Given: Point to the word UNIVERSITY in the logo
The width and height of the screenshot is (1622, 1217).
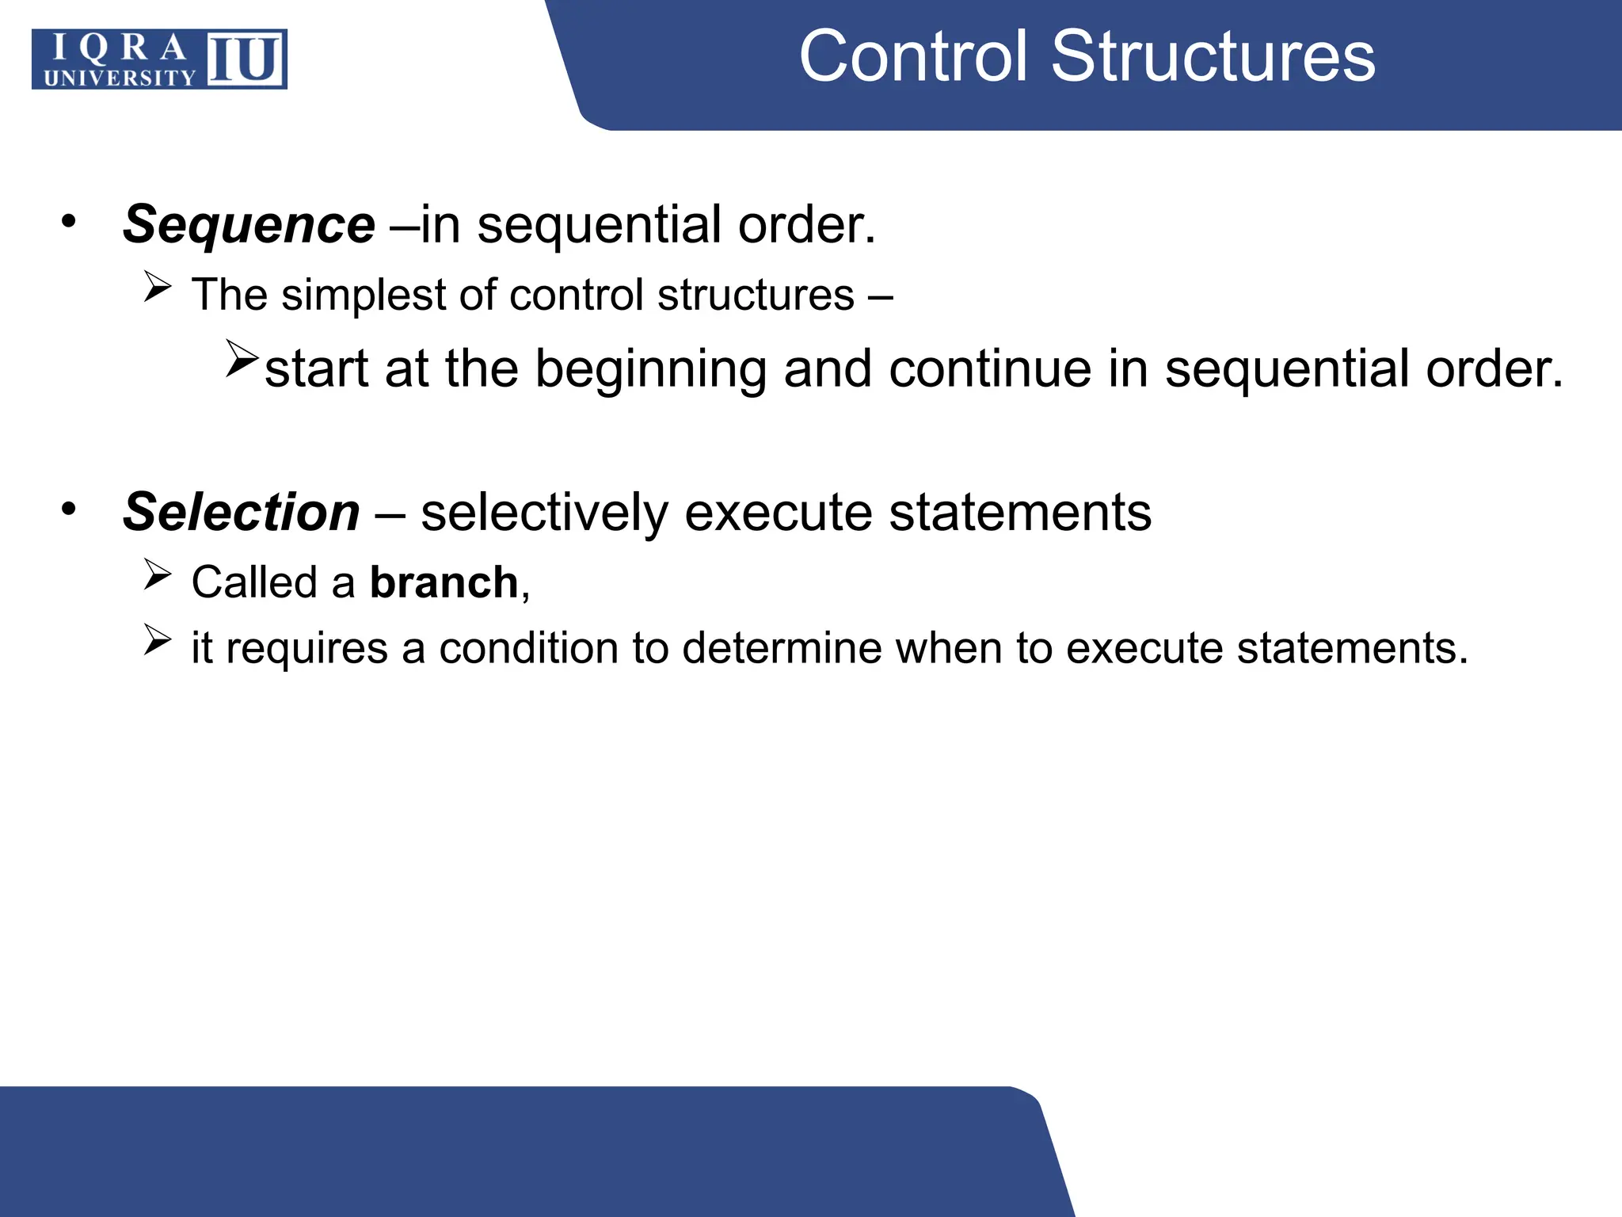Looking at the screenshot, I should pos(120,78).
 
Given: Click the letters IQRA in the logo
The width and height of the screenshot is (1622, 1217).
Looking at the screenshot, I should pos(120,48).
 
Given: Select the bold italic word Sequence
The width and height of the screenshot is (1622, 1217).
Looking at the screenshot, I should pos(249,225).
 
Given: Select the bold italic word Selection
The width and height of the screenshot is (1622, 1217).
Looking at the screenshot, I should pos(242,513).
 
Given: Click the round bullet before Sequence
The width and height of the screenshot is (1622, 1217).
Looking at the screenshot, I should pos(69,222).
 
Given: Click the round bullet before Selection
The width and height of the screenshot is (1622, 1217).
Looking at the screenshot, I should pos(69,509).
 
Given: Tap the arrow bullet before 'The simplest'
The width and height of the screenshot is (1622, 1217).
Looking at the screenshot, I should pos(158,287).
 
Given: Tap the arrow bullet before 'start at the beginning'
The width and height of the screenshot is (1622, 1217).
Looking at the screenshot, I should pos(241,358).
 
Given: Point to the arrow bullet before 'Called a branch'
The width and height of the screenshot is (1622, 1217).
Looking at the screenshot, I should pos(158,574).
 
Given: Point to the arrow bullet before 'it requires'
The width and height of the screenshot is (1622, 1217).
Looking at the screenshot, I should pos(158,640).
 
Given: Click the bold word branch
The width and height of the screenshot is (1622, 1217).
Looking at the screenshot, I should pos(444,583).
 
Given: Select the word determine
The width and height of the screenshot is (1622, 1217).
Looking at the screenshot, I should pos(782,648).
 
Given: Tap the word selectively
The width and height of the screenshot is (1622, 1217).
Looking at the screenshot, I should pos(545,513).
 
